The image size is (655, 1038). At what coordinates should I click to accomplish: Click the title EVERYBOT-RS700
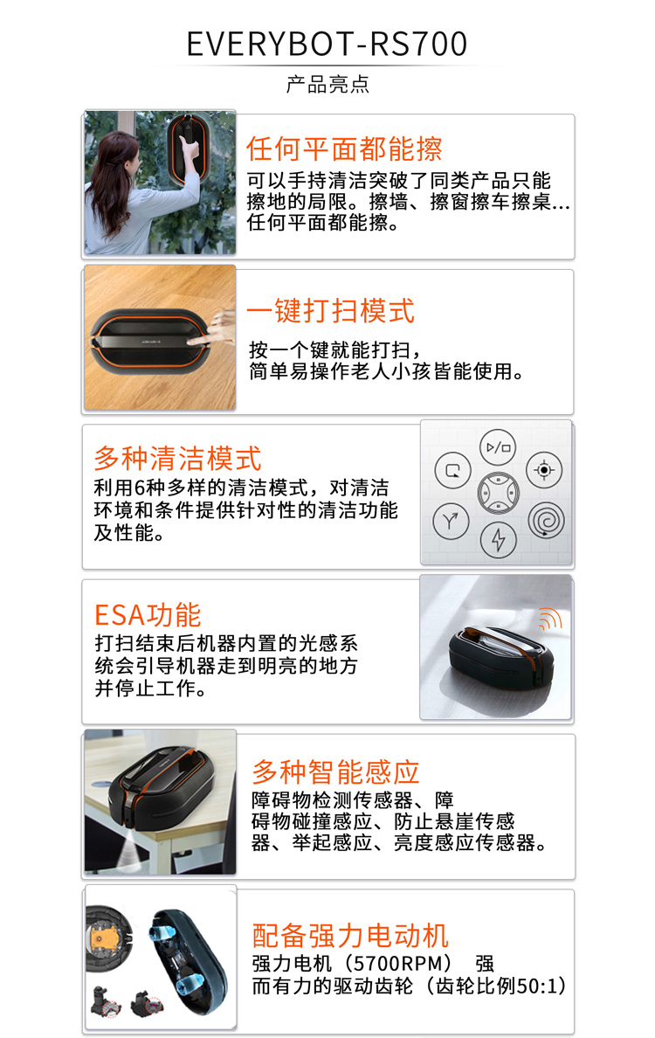click(327, 44)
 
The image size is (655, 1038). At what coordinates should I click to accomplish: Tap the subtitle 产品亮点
click(327, 84)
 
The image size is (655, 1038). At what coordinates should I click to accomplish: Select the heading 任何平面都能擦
click(344, 149)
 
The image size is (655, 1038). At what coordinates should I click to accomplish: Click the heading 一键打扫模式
click(330, 310)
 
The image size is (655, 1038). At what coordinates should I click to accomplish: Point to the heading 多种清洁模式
click(177, 458)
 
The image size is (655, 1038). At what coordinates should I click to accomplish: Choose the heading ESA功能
click(148, 615)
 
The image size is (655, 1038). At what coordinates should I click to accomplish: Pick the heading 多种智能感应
click(335, 772)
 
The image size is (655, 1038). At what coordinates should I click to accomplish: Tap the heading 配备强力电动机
click(350, 936)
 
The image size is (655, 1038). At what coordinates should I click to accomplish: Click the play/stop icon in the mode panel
click(498, 447)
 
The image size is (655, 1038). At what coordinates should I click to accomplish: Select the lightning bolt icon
click(498, 540)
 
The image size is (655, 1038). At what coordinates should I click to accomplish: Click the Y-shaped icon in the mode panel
click(451, 521)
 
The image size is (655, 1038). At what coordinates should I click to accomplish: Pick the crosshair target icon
click(544, 470)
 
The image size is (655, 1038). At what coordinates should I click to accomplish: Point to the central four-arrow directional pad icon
click(498, 493)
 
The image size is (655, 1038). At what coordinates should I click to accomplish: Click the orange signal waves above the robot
click(550, 619)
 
